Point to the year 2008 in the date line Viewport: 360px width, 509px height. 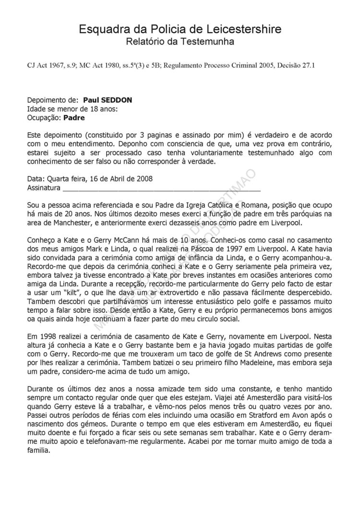pos(144,178)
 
